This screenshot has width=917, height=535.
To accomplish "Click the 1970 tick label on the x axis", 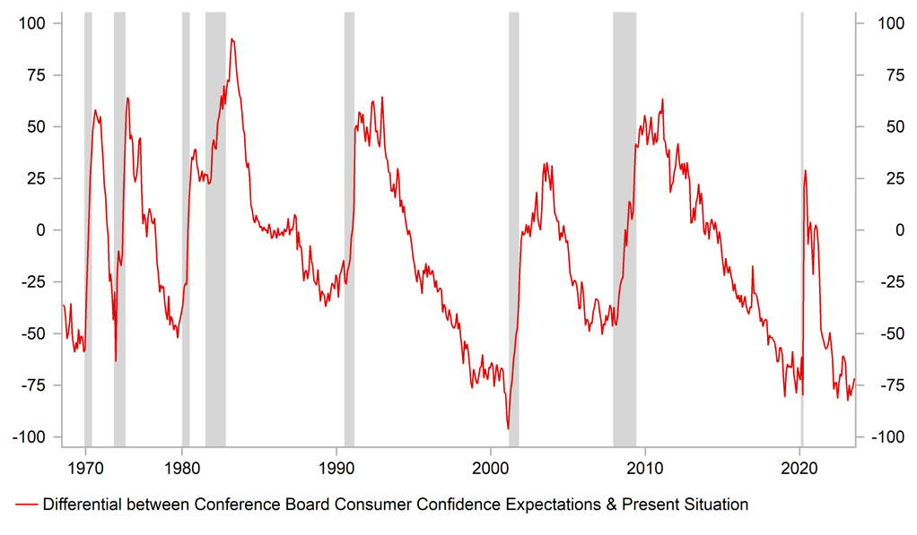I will point(85,466).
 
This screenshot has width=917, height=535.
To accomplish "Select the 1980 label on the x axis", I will point(181,466).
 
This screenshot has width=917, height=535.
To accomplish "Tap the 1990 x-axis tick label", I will point(336,466).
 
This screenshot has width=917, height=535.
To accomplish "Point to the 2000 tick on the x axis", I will point(490,466).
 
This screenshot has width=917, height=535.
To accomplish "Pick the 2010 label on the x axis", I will point(644,466).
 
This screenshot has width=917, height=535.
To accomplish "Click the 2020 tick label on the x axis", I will point(799,466).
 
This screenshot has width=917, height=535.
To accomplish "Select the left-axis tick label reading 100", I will point(36,23).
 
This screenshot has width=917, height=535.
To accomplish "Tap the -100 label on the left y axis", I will point(32,437).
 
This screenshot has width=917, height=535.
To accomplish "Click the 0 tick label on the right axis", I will point(873,230).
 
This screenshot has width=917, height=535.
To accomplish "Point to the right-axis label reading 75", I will point(877,75).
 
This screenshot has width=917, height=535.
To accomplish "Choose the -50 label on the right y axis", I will point(880,333).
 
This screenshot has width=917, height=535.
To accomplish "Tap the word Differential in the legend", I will point(83,505).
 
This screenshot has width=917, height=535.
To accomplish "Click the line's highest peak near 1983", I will point(231,39).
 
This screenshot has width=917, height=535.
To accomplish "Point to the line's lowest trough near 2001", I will point(508,429).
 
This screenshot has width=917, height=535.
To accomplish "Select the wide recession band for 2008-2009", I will point(624,224).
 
